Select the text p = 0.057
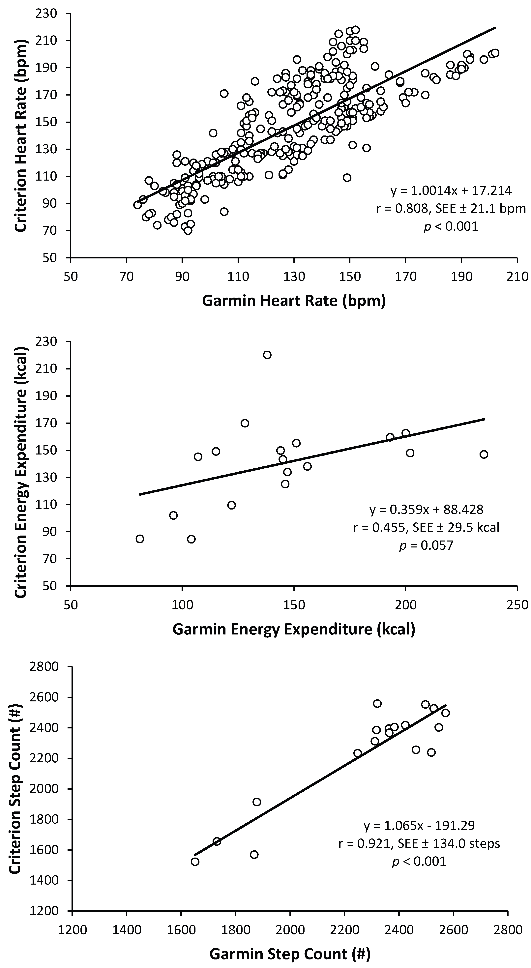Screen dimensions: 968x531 click(x=426, y=545)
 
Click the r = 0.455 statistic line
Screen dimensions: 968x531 click(x=426, y=527)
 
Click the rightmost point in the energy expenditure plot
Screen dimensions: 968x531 click(x=484, y=454)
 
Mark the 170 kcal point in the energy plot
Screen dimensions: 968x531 click(x=245, y=423)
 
